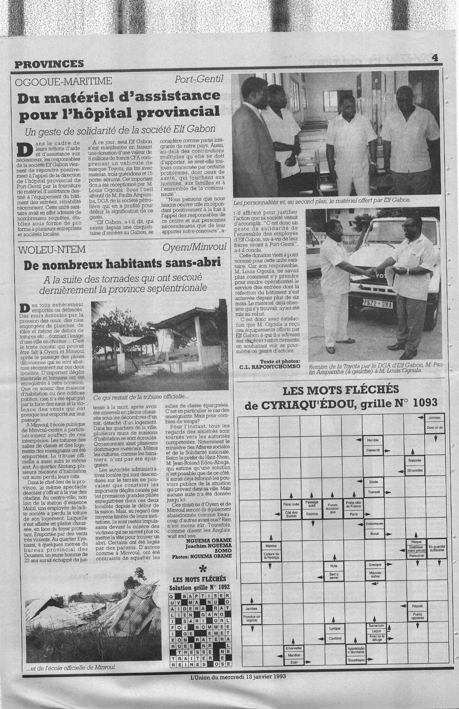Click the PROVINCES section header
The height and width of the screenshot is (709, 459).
pyautogui.click(x=49, y=64)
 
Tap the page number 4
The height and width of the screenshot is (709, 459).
pyautogui.click(x=435, y=57)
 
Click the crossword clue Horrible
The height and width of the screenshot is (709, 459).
pyautogui.click(x=373, y=441)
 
